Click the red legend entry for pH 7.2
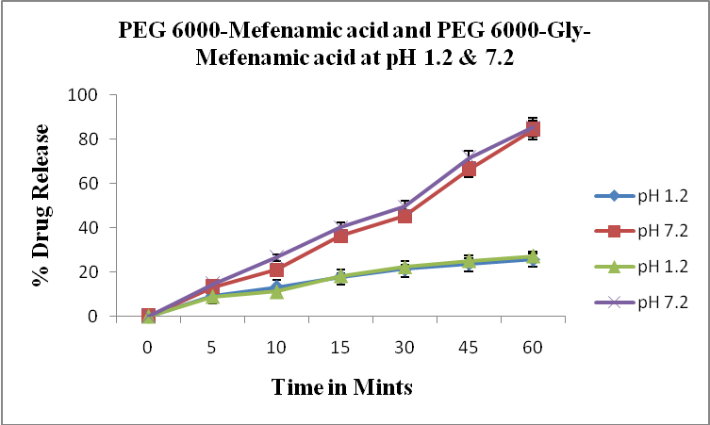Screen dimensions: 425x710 click(x=651, y=231)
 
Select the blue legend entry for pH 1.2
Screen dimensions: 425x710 click(x=651, y=196)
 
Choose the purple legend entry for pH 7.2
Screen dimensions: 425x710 click(x=651, y=302)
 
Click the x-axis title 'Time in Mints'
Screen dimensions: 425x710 click(x=342, y=386)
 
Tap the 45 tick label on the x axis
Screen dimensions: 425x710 click(x=469, y=346)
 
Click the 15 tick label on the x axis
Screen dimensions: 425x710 click(x=340, y=346)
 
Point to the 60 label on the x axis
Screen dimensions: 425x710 click(x=533, y=346)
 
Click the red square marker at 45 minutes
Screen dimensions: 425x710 click(x=469, y=170)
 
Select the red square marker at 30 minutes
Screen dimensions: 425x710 click(x=405, y=215)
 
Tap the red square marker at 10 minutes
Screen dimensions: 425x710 click(x=276, y=270)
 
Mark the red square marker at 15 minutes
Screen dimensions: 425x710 click(x=340, y=236)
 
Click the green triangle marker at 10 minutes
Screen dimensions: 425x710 click(x=276, y=291)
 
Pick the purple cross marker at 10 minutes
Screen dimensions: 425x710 click(x=276, y=257)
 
